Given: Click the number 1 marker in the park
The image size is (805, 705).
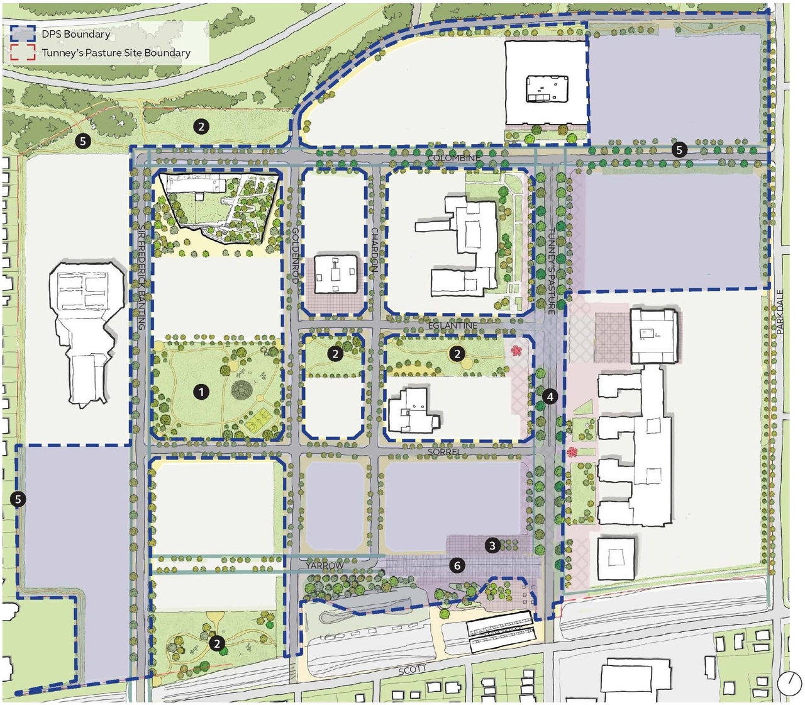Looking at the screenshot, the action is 201,392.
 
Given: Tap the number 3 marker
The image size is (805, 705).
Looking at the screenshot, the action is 492,546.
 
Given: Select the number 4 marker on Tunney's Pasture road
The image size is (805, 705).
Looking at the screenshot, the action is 550,397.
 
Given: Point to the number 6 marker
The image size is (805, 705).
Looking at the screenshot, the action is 457,565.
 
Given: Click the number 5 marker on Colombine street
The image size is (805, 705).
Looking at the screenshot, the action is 679,150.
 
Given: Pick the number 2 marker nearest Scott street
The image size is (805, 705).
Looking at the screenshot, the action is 217,644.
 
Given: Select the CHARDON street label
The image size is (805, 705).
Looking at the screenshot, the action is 374,250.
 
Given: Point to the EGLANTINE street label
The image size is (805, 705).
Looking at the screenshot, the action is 453,325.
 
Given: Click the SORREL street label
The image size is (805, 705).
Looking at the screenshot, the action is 444,452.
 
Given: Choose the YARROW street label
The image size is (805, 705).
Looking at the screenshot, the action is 325,565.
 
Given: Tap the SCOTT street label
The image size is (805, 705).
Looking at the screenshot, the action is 412,670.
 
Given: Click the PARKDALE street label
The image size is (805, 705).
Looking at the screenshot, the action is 780,312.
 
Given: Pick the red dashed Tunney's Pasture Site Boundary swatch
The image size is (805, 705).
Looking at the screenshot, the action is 22,53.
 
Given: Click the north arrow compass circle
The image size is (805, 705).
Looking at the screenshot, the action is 787,683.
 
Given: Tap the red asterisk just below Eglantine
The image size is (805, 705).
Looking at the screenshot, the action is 516,350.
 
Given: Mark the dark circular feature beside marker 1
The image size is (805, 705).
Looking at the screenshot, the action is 241,391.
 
